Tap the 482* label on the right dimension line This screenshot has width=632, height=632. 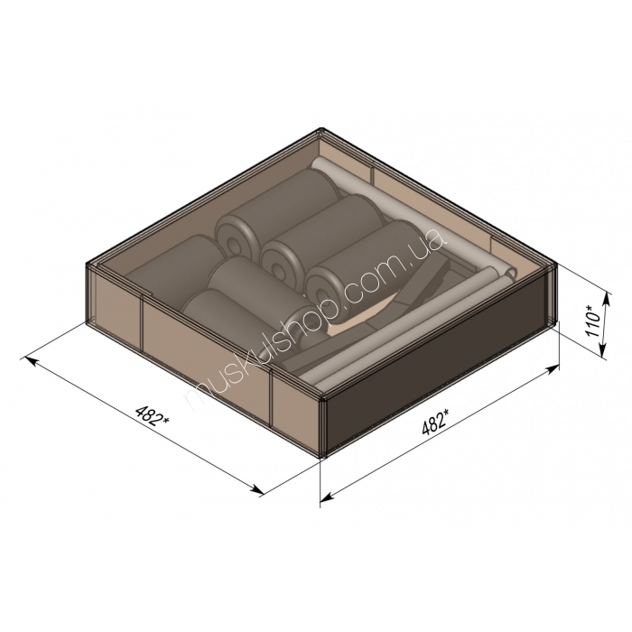click(435, 421)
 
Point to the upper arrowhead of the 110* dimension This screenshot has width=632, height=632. click(608, 298)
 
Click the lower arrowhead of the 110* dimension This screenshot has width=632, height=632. click(602, 351)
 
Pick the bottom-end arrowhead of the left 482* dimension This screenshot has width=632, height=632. click(258, 489)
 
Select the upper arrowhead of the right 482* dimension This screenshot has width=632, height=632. click(553, 368)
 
